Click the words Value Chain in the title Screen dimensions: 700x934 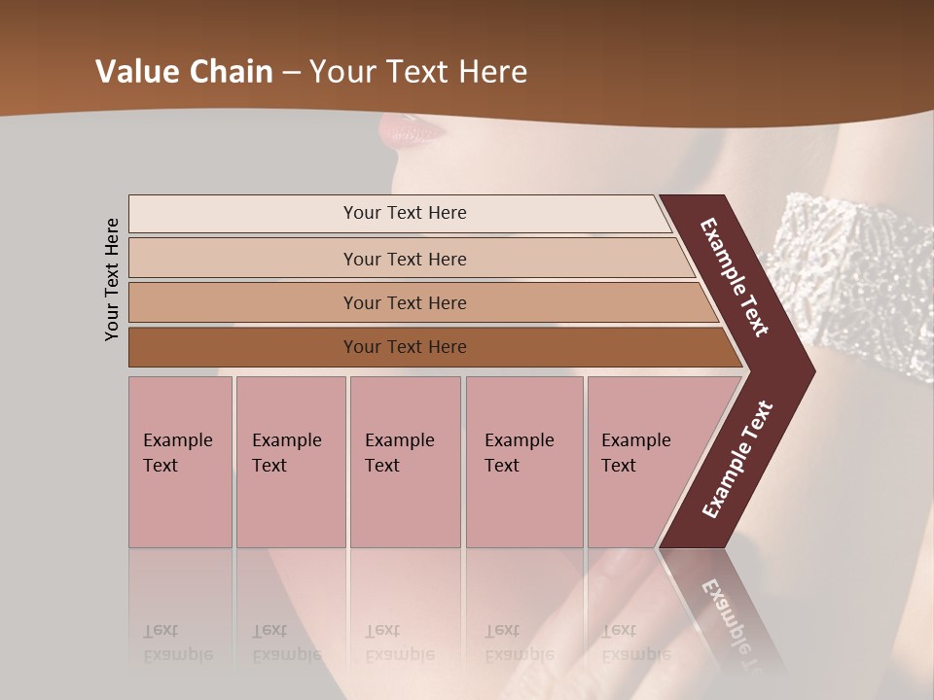coord(184,72)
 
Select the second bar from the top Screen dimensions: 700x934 coord(404,259)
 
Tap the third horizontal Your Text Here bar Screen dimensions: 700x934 coord(404,302)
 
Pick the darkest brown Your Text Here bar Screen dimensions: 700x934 coord(404,347)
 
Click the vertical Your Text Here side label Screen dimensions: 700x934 coord(112,279)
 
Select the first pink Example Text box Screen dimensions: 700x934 coord(180,462)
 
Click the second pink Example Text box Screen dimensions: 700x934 coord(290,462)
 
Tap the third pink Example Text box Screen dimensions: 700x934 coord(404,462)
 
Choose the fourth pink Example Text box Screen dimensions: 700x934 coord(523,462)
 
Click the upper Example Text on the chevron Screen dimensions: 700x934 coord(736,277)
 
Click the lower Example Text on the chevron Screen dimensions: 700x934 coord(736,460)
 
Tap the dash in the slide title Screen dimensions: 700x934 coord(291,73)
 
